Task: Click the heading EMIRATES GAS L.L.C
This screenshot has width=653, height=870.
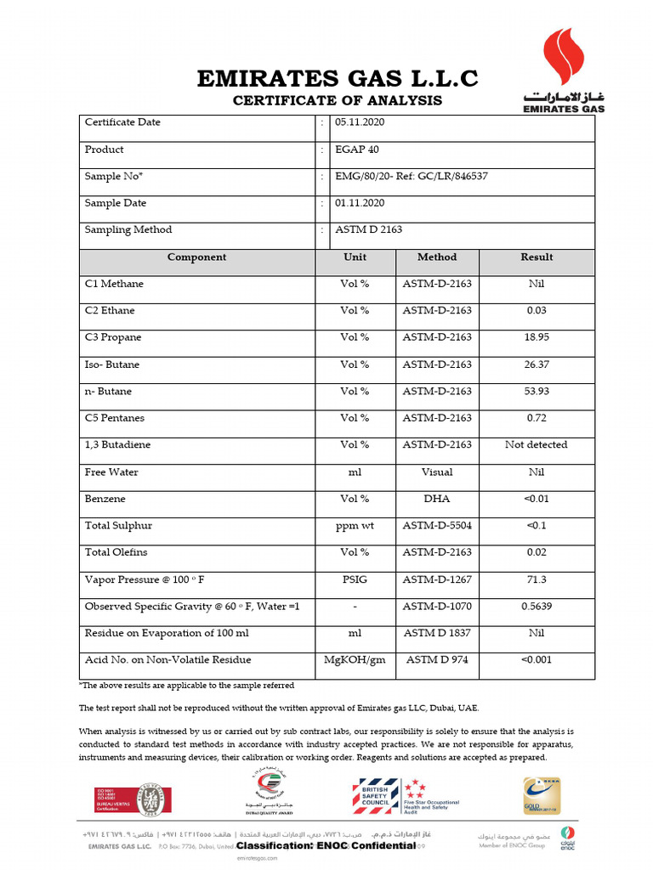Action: [x=338, y=79]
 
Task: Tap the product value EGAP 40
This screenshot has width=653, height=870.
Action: [x=357, y=150]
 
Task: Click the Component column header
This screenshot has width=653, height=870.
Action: [x=196, y=257]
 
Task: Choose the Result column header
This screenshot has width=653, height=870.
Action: [x=536, y=257]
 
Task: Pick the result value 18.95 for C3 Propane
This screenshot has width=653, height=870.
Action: [x=536, y=337]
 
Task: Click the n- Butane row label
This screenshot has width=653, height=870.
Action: [x=109, y=392]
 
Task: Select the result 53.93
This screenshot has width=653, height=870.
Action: [x=536, y=392]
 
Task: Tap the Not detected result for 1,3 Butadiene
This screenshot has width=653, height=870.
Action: [x=536, y=444]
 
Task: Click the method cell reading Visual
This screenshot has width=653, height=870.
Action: [x=437, y=472]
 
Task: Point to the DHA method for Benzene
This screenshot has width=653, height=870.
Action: [x=437, y=499]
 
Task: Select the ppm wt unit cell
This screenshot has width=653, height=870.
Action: [x=355, y=526]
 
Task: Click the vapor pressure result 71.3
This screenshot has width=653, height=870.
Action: [x=536, y=579]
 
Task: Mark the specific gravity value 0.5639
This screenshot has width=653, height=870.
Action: [x=536, y=607]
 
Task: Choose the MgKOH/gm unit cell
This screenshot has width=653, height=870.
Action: [x=355, y=660]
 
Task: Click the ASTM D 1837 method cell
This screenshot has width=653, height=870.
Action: [x=437, y=633]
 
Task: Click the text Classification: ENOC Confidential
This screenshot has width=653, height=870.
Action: [x=326, y=846]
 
